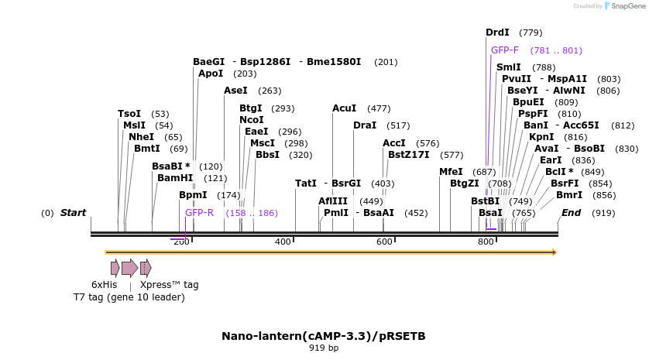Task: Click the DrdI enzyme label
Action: click(497, 33)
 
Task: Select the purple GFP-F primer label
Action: click(505, 50)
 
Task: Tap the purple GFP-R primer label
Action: click(199, 213)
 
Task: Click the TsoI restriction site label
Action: click(129, 114)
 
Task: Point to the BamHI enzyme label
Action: click(175, 178)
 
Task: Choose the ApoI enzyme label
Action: click(211, 74)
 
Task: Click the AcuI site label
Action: click(344, 108)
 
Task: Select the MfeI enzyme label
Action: click(451, 172)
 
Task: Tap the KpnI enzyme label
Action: click(541, 137)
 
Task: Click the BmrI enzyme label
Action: click(569, 195)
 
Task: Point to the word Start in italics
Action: click(73, 213)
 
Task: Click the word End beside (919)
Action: click(571, 213)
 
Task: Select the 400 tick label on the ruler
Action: click(283, 242)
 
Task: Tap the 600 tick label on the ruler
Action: click(385, 242)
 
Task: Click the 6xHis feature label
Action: click(105, 285)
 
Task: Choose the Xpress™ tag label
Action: click(169, 285)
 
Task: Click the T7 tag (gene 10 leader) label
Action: click(129, 297)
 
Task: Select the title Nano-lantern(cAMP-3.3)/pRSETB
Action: click(324, 336)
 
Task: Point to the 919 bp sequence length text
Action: click(324, 348)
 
